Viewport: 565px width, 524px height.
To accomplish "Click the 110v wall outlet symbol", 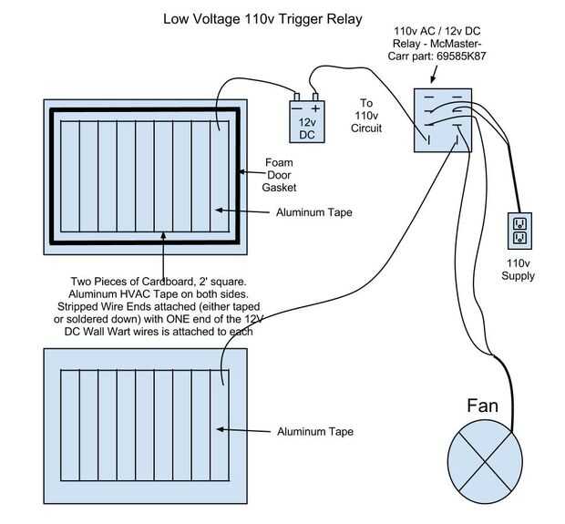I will click(519, 230).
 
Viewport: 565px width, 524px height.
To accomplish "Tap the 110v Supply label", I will click(519, 270).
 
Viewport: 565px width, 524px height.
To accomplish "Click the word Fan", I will click(482, 405).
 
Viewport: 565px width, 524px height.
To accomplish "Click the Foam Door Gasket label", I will click(279, 175).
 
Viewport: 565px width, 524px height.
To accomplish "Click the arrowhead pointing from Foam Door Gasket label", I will click(241, 170).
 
